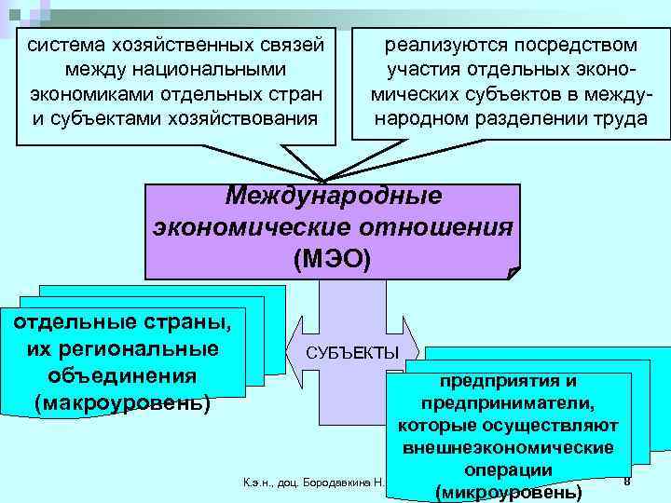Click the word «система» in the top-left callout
click(x=64, y=46)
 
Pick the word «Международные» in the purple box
click(x=333, y=197)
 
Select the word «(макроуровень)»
click(x=122, y=404)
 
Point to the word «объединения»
click(x=121, y=377)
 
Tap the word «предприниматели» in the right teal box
click(x=507, y=403)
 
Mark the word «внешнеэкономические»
click(x=509, y=448)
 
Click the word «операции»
click(x=509, y=469)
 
